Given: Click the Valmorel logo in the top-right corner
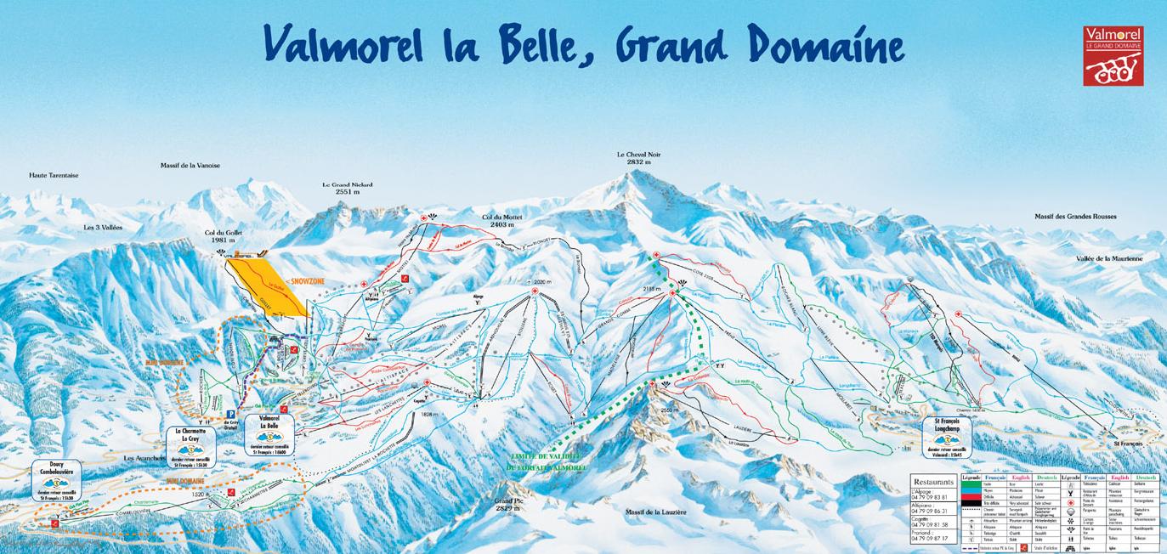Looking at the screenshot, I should pyautogui.click(x=1113, y=55).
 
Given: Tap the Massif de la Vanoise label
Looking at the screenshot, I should pyautogui.click(x=190, y=165).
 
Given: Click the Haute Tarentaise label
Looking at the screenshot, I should pyautogui.click(x=54, y=175).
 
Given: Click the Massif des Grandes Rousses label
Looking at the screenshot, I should pyautogui.click(x=1075, y=217).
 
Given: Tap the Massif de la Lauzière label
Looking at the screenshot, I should pyautogui.click(x=654, y=512).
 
